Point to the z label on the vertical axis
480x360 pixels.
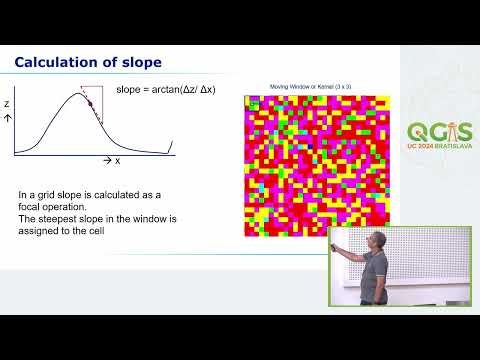click(x=8, y=102)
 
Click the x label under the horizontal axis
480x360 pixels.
click(x=118, y=160)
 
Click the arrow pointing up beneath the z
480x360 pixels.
click(x=8, y=117)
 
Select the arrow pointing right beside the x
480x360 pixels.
click(x=107, y=160)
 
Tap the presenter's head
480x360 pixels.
click(x=378, y=240)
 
